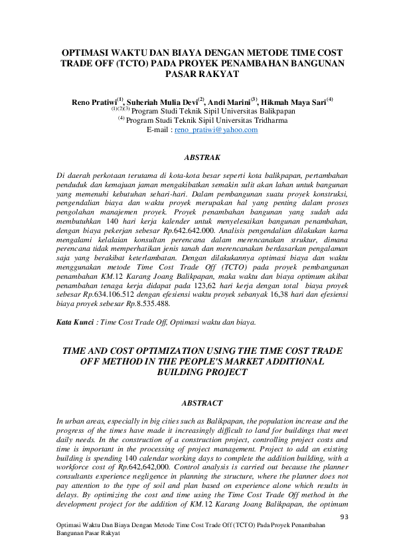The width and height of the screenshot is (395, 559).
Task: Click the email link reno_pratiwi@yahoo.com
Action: (216, 130)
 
